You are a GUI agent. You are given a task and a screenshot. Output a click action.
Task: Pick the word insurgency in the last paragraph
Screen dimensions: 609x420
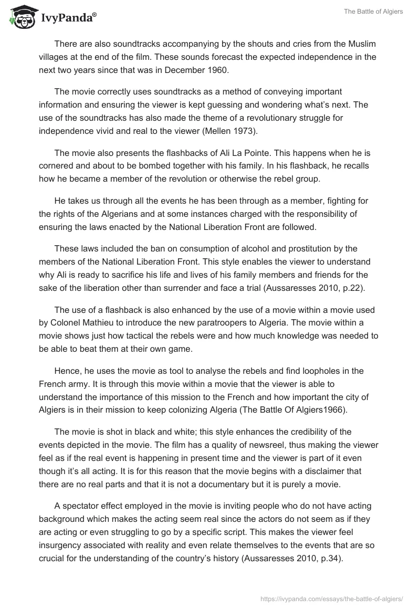(62, 545)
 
